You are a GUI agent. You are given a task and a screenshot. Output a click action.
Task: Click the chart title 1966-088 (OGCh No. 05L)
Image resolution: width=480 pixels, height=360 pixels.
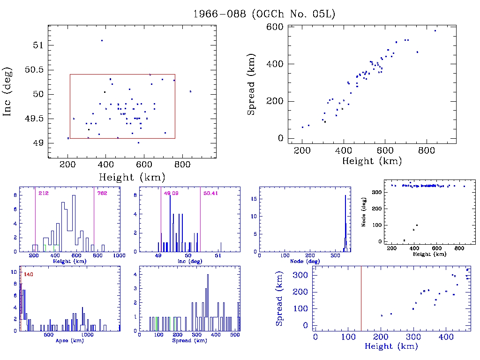pyautogui.click(x=264, y=14)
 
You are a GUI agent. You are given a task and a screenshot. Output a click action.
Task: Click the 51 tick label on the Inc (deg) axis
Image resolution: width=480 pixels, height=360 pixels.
pyautogui.click(x=37, y=45)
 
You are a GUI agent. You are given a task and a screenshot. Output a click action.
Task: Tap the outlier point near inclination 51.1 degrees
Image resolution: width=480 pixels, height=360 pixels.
pyautogui.click(x=102, y=41)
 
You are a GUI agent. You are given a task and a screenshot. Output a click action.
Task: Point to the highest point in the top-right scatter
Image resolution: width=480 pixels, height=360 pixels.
pyautogui.click(x=435, y=31)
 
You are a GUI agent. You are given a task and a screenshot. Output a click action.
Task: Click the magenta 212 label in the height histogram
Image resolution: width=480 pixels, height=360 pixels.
pyautogui.click(x=44, y=193)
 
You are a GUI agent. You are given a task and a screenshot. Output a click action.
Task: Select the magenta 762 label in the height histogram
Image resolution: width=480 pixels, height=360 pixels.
pyautogui.click(x=102, y=193)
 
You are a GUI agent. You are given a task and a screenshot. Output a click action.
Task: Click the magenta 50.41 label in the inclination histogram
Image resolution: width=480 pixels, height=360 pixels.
pyautogui.click(x=210, y=193)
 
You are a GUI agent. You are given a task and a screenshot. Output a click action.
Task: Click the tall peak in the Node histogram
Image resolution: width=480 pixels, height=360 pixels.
pyautogui.click(x=345, y=206)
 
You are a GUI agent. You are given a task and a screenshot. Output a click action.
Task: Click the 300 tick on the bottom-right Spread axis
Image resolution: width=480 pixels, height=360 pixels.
pyautogui.click(x=302, y=275)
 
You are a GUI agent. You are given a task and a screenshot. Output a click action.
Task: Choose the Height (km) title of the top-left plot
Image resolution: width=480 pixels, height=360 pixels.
pyautogui.click(x=132, y=177)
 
